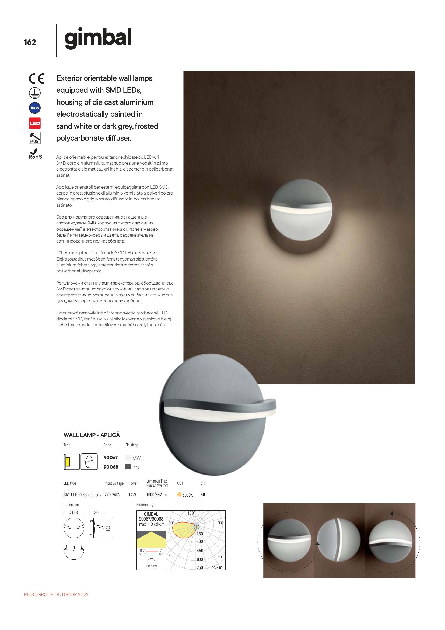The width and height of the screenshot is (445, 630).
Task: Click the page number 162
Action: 30,42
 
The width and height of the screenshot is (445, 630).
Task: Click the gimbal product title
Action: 98,38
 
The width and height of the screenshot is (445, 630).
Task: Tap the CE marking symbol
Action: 36,79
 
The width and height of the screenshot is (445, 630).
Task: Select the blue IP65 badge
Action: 35,108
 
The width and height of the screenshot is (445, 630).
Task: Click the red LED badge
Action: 35,123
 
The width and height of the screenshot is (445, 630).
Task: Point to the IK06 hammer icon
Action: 35,138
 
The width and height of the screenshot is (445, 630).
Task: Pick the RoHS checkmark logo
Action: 35,154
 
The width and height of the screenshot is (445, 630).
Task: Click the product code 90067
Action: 110,457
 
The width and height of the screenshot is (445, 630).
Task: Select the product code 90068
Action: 111,467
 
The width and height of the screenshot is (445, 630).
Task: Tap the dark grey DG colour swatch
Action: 128,467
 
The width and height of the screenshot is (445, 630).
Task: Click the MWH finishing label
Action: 138,458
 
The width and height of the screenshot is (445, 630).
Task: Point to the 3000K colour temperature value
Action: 188,495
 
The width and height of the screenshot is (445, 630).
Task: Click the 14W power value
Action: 132,495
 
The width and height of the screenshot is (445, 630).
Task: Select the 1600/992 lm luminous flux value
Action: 156,495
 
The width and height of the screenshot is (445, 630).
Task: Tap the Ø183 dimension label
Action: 73,512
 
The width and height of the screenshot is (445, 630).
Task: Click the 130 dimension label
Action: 95,512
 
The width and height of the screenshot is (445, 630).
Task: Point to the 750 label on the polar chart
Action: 199,567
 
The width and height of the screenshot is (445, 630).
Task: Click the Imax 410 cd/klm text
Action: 151,524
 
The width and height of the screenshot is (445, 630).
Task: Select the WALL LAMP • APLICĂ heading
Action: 92,435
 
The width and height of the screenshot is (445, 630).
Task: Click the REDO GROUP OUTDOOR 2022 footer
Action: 56,594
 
